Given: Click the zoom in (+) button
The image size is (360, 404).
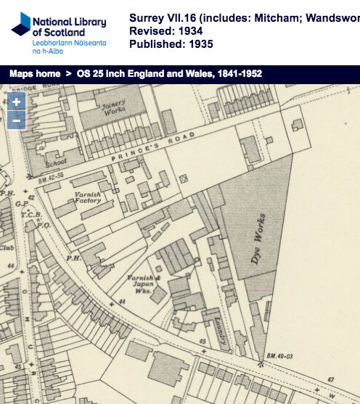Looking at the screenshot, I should (x=16, y=102).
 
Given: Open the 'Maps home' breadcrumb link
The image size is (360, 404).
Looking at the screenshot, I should (x=35, y=74).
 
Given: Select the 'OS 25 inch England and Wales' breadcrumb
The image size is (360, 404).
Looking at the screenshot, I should (x=169, y=74).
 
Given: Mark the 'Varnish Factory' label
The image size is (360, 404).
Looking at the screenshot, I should (x=87, y=199).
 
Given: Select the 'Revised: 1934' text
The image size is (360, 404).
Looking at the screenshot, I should (x=165, y=31).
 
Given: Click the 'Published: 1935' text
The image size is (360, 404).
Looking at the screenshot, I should (x=171, y=44).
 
